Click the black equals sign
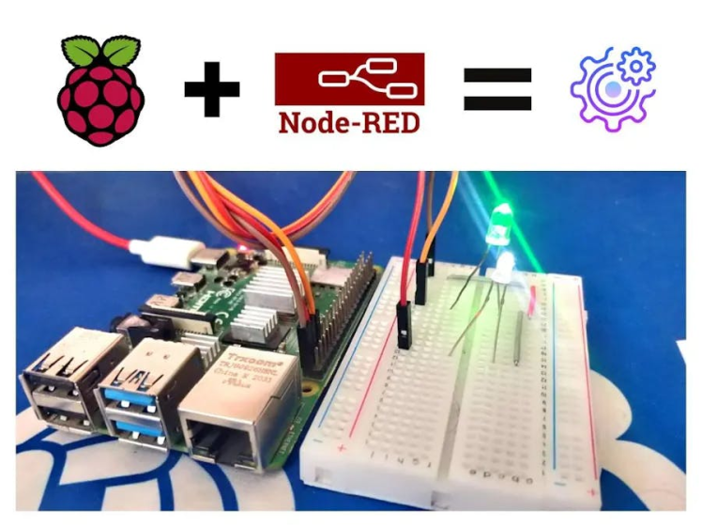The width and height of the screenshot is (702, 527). pyautogui.click(x=497, y=90)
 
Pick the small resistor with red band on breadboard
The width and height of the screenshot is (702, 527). pyautogui.click(x=532, y=302)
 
